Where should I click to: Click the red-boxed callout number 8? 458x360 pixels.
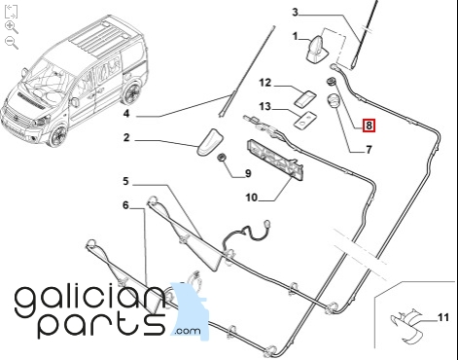tap(369, 126)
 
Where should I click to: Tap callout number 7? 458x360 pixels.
tap(369, 150)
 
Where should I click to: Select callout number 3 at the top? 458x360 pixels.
tap(295, 13)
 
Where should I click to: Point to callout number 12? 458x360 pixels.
tap(265, 83)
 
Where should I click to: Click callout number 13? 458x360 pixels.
tap(265, 106)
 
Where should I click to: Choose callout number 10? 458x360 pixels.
tap(252, 198)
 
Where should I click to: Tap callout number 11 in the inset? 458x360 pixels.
tap(443, 317)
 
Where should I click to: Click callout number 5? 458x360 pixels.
tap(125, 181)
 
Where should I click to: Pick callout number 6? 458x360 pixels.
tap(125, 205)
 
